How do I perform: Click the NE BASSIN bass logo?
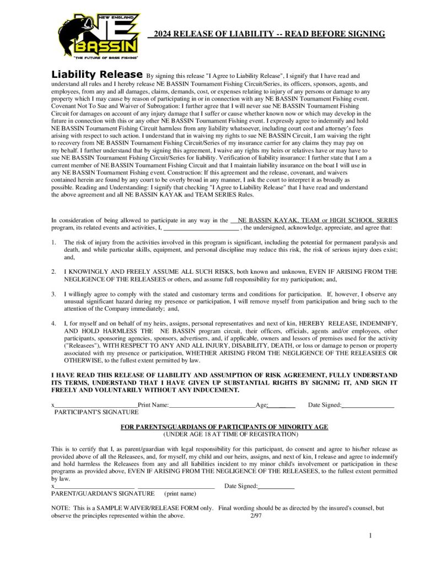click(99, 34)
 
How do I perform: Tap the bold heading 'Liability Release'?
click(96, 74)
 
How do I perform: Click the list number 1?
click(53, 242)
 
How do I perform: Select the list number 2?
click(53, 271)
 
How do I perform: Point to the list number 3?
click(53, 294)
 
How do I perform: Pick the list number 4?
click(53, 323)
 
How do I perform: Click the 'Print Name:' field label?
click(153, 405)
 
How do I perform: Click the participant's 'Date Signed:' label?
click(325, 405)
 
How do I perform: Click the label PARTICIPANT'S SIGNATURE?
click(96, 412)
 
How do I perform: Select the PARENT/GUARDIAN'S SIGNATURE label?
click(94, 493)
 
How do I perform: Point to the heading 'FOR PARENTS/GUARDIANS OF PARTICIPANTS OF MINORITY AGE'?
click(224, 427)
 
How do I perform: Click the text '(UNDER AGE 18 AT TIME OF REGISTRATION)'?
click(224, 434)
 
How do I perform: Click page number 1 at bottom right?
click(371, 536)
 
